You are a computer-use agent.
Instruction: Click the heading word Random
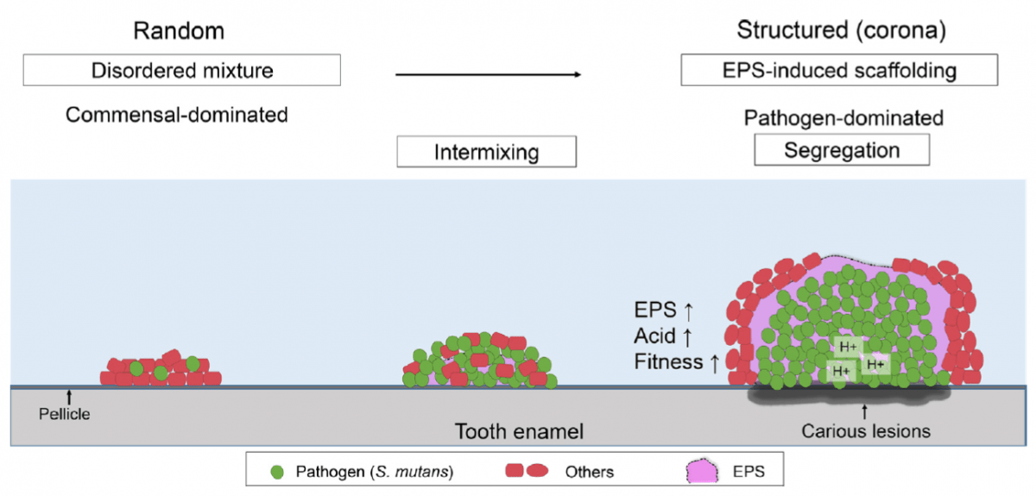pyautogui.click(x=179, y=31)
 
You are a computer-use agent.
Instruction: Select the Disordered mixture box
pyautogui.click(x=182, y=70)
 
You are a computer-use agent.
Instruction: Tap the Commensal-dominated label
pyautogui.click(x=177, y=114)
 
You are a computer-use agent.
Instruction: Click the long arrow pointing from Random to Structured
pyautogui.click(x=488, y=75)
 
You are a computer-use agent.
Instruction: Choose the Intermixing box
pyautogui.click(x=486, y=153)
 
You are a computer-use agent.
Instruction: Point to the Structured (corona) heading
pyautogui.click(x=841, y=31)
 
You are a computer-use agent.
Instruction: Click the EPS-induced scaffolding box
pyautogui.click(x=840, y=70)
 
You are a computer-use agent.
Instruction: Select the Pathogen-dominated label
pyautogui.click(x=843, y=117)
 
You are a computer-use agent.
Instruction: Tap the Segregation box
pyautogui.click(x=842, y=150)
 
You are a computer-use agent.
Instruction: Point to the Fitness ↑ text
pyautogui.click(x=676, y=362)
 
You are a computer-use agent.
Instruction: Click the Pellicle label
pyautogui.click(x=64, y=414)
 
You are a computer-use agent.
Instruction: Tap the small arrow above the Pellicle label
pyautogui.click(x=69, y=397)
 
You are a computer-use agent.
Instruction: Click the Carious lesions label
pyautogui.click(x=866, y=430)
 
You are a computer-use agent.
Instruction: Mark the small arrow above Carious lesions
pyautogui.click(x=865, y=411)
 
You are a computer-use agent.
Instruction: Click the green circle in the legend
pyautogui.click(x=276, y=472)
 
